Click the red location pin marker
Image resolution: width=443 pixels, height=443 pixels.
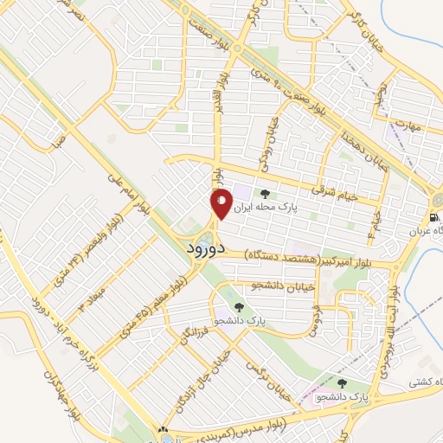coord(221,203)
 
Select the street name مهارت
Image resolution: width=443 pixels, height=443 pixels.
coord(402,126)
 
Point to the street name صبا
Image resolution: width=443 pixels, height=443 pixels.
coord(58,139)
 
